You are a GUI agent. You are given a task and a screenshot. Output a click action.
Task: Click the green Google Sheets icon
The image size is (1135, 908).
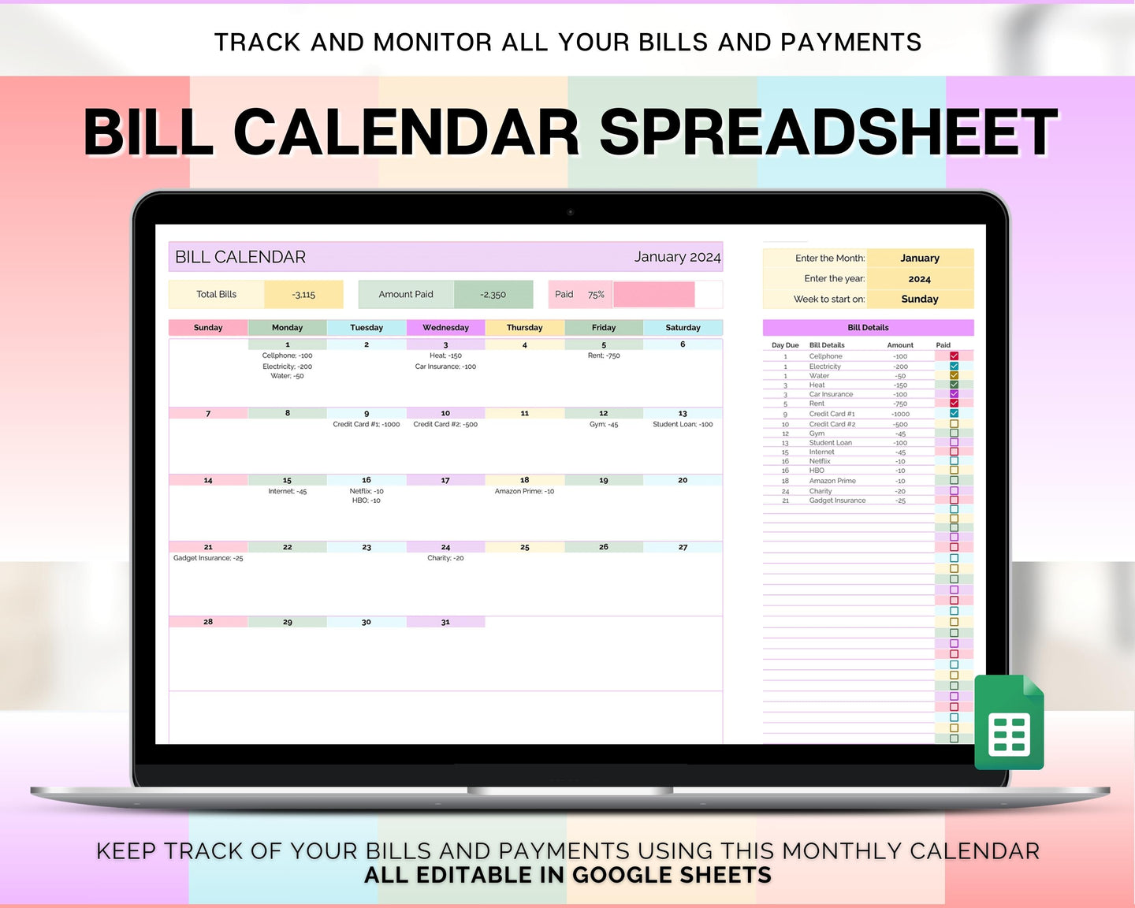coord(1009,723)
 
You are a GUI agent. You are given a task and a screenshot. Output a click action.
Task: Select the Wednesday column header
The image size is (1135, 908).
coord(445,327)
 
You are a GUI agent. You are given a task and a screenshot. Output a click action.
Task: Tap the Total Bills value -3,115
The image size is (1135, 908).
coord(303,295)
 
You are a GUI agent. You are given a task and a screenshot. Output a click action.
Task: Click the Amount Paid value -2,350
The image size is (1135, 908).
coord(493,295)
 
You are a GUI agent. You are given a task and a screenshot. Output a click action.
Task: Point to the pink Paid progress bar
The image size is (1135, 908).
coord(653,295)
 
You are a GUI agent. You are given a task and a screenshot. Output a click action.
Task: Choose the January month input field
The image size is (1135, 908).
coord(919,258)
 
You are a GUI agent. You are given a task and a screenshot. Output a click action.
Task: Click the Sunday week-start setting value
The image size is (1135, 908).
coord(919,299)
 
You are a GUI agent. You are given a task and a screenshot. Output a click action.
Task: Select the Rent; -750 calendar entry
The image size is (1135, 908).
coord(604,355)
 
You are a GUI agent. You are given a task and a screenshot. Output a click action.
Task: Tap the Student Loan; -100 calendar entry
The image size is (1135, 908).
coord(683,424)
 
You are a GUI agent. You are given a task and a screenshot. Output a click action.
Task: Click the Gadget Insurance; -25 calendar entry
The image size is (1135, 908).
coord(208,558)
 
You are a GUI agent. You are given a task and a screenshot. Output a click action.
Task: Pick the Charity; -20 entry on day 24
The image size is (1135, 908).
coord(445,558)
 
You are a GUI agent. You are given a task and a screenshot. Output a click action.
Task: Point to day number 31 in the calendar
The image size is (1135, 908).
coord(445,622)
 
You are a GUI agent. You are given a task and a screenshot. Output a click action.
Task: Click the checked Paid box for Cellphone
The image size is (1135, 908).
coord(954,356)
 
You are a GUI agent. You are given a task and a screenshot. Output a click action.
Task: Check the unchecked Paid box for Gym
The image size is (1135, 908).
coord(954,434)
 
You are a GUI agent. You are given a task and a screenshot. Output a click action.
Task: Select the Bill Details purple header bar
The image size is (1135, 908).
coord(868,327)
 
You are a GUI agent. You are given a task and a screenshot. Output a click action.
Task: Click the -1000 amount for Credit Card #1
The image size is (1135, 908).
coord(900,414)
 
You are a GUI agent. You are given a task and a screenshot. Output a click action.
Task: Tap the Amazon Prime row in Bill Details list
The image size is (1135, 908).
coord(832,481)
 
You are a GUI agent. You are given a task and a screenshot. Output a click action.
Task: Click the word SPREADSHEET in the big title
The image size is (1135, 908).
coord(828,132)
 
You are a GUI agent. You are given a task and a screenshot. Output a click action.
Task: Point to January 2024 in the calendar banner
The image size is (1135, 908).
coord(677,257)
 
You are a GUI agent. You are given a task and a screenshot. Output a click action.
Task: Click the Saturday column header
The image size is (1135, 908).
coord(683,327)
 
